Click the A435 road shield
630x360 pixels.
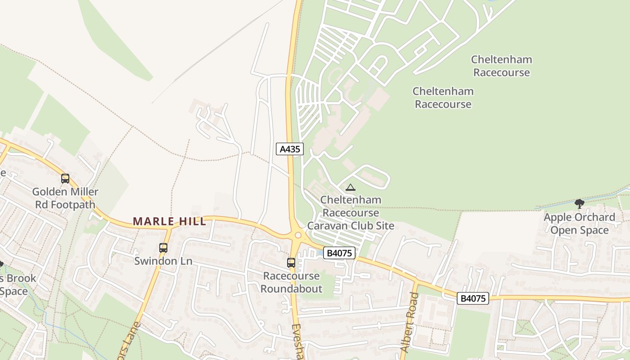coord(290,149)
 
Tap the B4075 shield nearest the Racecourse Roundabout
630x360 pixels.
coord(339,253)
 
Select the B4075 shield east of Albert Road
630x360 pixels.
coord(472,298)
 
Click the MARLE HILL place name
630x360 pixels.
coord(170,221)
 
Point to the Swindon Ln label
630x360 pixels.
coord(163,261)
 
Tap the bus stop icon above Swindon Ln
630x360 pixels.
coord(163,247)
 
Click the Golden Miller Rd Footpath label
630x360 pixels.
coord(65,198)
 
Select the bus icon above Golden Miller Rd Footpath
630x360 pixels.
coord(65,179)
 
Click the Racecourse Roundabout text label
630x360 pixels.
coord(292,282)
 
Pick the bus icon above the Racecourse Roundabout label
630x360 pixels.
coord(291,262)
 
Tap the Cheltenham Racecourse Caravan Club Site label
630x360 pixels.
coord(351,212)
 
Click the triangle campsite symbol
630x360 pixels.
coord(351,187)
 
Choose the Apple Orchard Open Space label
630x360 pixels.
coord(579,224)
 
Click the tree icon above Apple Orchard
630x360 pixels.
coord(580,203)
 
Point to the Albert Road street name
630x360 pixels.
coord(409,322)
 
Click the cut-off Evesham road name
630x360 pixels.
coord(297,341)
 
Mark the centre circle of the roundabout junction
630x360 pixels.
coord(297,235)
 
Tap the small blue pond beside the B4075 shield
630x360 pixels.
coord(320,253)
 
